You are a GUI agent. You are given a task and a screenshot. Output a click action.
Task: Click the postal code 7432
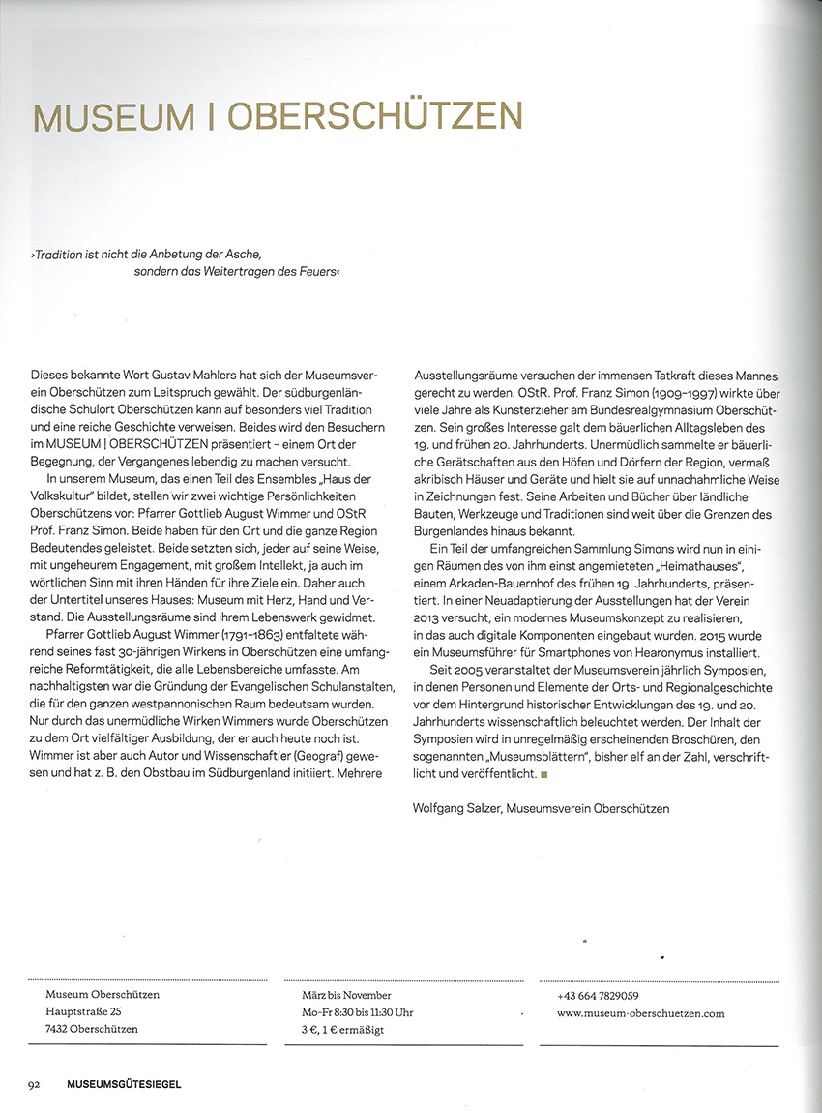point(60,1029)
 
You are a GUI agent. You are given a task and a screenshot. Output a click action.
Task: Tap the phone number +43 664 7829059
point(598,996)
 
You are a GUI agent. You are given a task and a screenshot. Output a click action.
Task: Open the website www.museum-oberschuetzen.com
point(640,1013)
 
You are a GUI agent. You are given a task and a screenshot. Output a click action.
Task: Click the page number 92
point(33,1084)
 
